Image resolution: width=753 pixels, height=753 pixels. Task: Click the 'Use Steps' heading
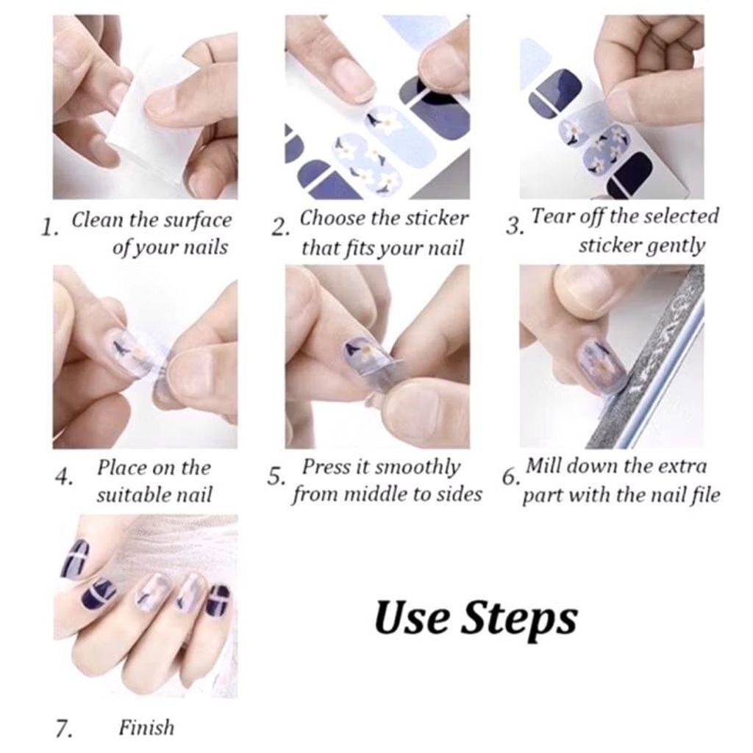coord(476,618)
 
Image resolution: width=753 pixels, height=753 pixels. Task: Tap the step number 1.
coord(49,227)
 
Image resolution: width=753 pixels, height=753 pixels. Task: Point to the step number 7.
coord(64,729)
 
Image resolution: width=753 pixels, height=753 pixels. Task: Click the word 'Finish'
coord(146,727)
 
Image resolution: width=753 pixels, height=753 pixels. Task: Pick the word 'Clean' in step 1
coord(98,220)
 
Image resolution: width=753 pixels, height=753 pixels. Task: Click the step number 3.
coord(514,225)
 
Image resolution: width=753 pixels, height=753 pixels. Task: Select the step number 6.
coord(510,477)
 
